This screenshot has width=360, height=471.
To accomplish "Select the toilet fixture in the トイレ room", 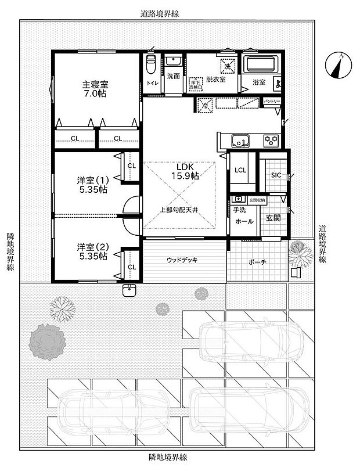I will click(x=152, y=66).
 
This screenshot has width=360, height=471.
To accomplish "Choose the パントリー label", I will click(x=272, y=101).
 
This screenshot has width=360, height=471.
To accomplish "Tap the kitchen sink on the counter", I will click(x=240, y=141).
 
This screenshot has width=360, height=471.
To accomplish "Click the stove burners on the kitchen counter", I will click(x=272, y=140).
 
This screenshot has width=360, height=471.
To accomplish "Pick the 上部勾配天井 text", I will click(x=179, y=209).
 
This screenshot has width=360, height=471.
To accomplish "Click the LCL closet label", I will click(x=240, y=171).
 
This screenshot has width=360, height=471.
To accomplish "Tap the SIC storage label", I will click(x=276, y=175).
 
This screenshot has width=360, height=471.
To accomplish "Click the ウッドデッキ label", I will click(x=182, y=260).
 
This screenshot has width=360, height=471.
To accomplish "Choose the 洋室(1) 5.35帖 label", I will click(x=92, y=185).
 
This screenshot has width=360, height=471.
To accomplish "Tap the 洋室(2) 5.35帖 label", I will click(x=92, y=251).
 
